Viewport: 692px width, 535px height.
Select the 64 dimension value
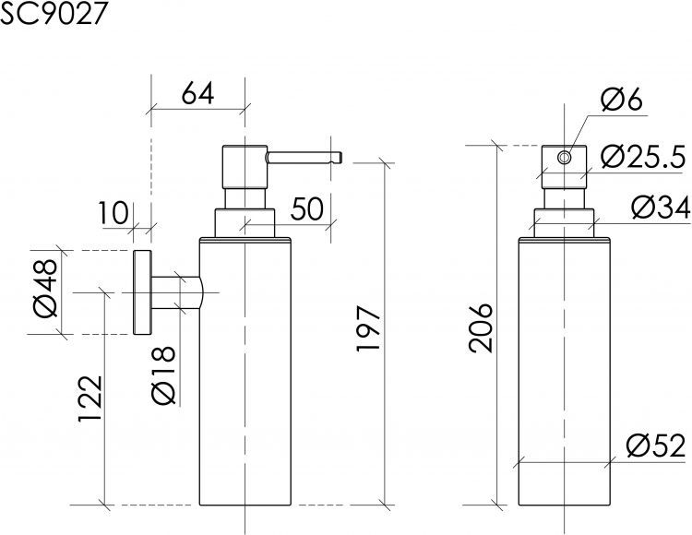pyautogui.click(x=197, y=94)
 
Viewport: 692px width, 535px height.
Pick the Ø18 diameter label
pyautogui.click(x=162, y=375)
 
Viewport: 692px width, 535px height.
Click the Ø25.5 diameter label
pyautogui.click(x=641, y=158)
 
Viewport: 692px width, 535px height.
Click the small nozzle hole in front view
pyautogui.click(x=564, y=158)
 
